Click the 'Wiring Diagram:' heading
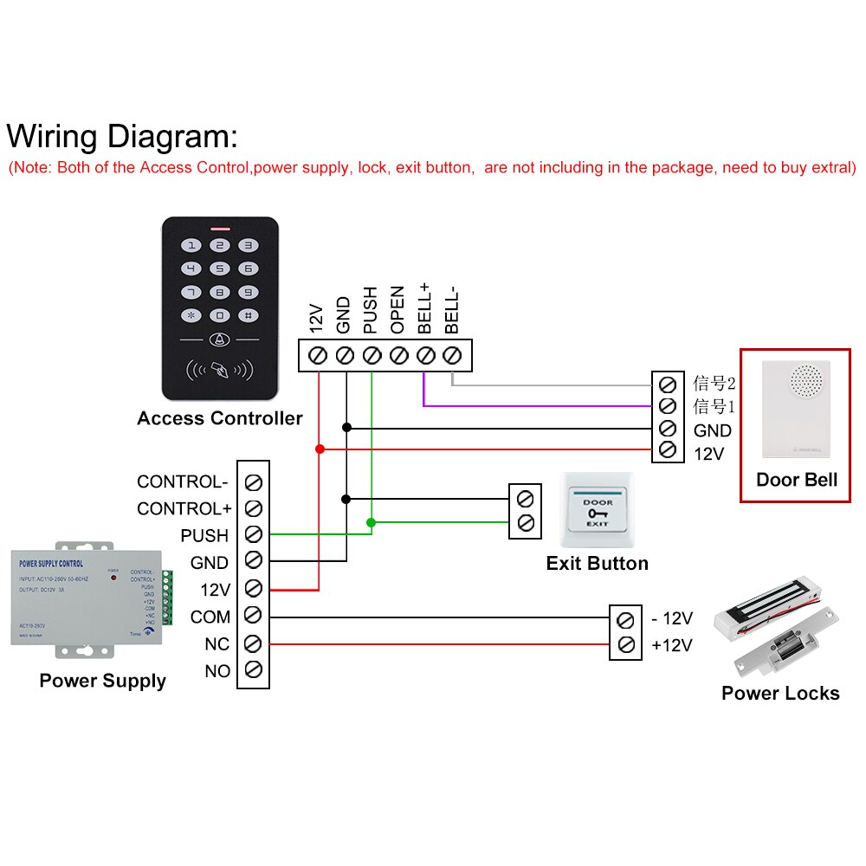pyautogui.click(x=121, y=137)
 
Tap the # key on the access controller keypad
pyautogui.click(x=248, y=317)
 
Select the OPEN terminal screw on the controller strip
pyautogui.click(x=398, y=355)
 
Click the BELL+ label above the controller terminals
pyautogui.click(x=424, y=308)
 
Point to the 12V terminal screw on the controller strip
pyautogui.click(x=318, y=355)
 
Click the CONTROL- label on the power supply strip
pyautogui.click(x=183, y=481)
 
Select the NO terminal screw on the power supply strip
pyautogui.click(x=253, y=669)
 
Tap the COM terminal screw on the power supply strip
pyautogui.click(x=253, y=616)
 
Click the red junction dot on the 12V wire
pyautogui.click(x=320, y=449)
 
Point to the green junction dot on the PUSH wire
pyautogui.click(x=371, y=522)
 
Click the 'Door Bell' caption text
pyautogui.click(x=797, y=480)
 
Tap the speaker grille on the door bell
pyautogui.click(x=806, y=378)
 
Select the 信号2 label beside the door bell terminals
pyautogui.click(x=714, y=383)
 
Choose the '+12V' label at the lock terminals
pyautogui.click(x=672, y=645)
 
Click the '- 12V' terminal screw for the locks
pyautogui.click(x=626, y=620)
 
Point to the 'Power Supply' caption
pyautogui.click(x=102, y=681)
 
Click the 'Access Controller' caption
pyautogui.click(x=219, y=419)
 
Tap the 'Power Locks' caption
pyautogui.click(x=780, y=693)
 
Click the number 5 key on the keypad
pyautogui.click(x=220, y=269)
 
